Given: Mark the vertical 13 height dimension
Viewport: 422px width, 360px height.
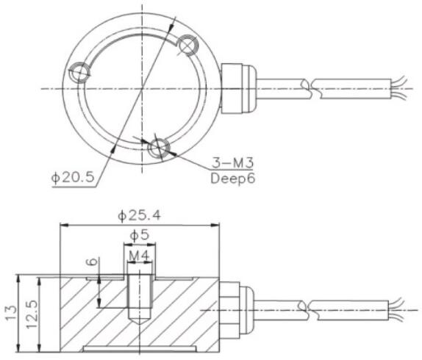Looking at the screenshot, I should [x=11, y=312].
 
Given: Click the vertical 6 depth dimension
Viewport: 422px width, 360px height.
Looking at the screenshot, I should [x=92, y=262].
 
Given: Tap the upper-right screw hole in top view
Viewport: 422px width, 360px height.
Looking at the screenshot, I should [x=187, y=46].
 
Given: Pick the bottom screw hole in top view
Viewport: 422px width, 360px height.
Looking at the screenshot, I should [x=157, y=148].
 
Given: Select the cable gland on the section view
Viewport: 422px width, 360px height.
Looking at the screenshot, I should [x=233, y=308].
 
